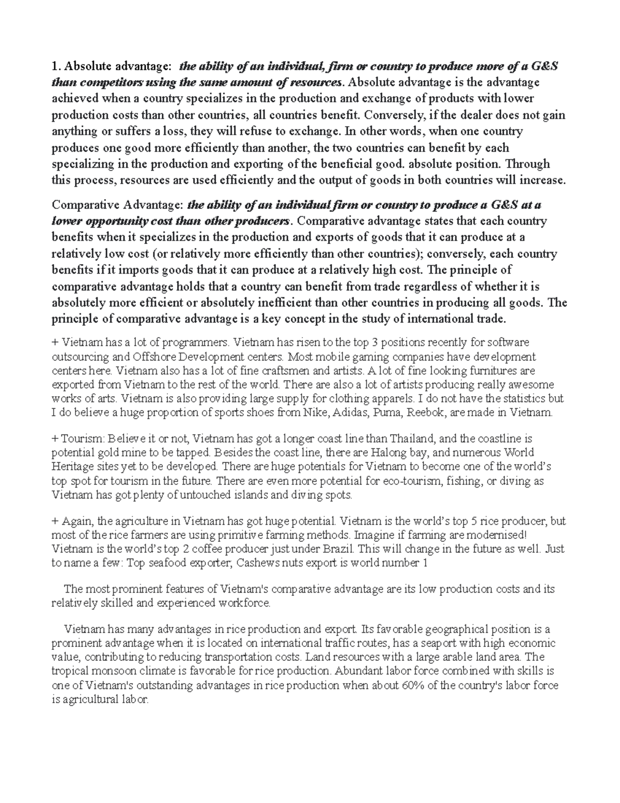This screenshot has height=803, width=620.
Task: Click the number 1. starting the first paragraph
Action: coord(56,66)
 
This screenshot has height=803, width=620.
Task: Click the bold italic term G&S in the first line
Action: coord(544,66)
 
